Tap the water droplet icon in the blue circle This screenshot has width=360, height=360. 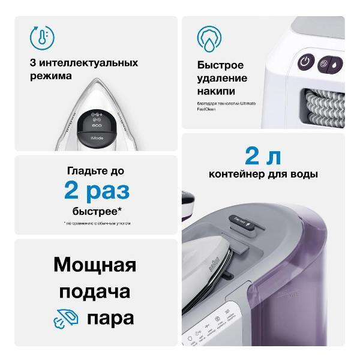click(208, 37)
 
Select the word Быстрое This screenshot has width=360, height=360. click(220, 65)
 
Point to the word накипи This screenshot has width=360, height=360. click(216, 91)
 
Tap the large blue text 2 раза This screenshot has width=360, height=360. click(97, 191)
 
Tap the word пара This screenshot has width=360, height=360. click(110, 318)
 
